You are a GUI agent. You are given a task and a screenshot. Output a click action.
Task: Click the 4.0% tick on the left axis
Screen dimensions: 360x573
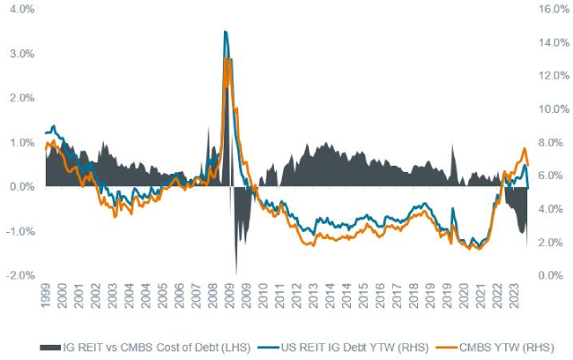(x=21, y=10)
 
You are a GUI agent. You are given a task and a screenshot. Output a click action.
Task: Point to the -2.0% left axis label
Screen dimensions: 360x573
(x=19, y=275)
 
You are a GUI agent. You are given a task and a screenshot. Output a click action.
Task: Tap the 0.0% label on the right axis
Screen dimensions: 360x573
(x=547, y=275)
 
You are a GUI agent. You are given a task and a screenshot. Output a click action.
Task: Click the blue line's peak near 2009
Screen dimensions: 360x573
(x=225, y=32)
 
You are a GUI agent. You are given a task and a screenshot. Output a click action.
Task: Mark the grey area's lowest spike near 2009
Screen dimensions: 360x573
(x=236, y=272)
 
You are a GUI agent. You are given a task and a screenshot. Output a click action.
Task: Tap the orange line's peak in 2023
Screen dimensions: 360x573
(x=525, y=149)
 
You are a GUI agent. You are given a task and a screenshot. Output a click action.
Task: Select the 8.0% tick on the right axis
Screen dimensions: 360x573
(x=547, y=142)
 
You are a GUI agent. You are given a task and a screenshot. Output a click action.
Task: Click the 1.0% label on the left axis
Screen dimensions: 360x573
(x=21, y=142)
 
